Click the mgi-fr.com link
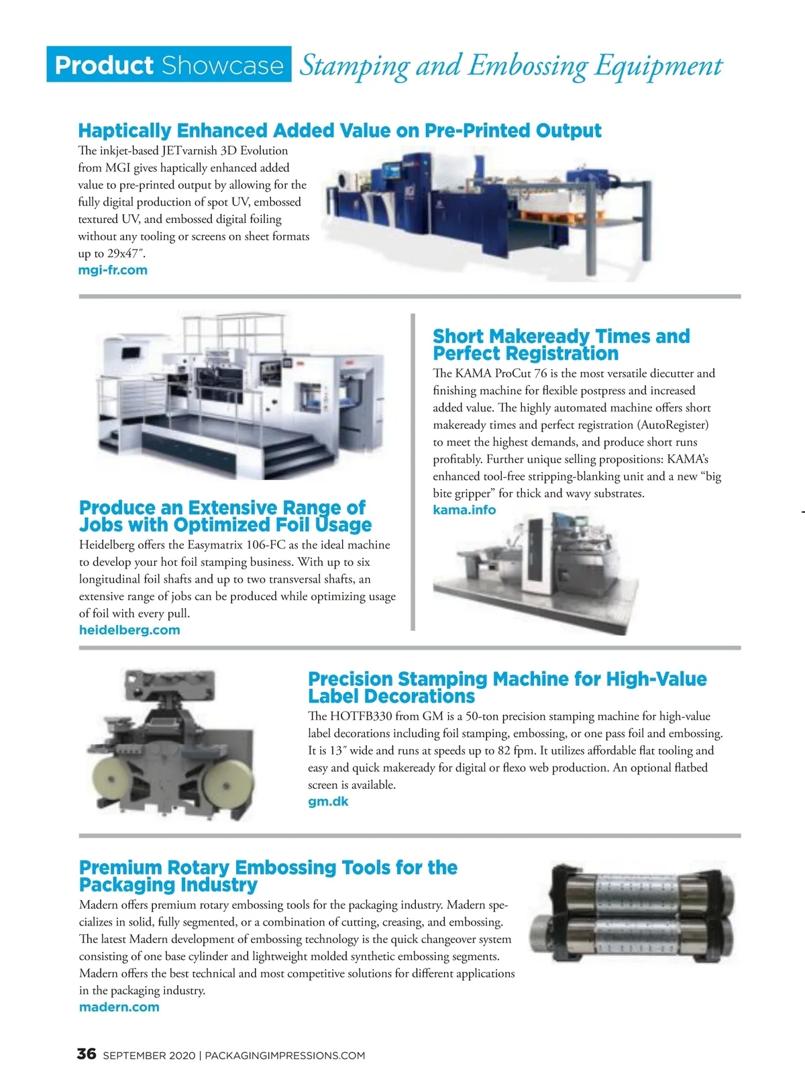pos(113,271)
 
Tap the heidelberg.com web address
pos(129,630)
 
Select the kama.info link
pos(464,510)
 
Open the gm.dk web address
pos(328,801)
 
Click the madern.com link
pos(119,1007)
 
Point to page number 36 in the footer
pos(87,1054)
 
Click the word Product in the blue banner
pos(104,65)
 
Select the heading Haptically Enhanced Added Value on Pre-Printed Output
pos(339,130)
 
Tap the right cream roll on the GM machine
pos(221,772)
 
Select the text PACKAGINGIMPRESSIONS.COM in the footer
pos(284,1056)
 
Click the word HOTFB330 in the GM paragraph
pos(361,716)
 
